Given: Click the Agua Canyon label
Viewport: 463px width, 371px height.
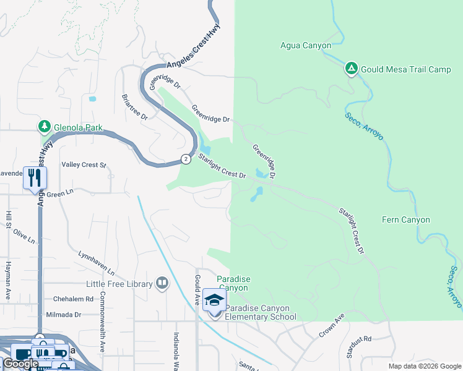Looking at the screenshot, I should [x=305, y=46].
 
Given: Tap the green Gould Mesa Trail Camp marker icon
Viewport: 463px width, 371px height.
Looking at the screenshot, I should [x=351, y=69].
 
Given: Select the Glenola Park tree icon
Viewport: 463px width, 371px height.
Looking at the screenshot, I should [x=44, y=127].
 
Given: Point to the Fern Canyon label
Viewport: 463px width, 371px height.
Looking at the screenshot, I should [x=405, y=220].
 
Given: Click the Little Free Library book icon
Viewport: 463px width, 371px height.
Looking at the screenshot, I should [x=162, y=283].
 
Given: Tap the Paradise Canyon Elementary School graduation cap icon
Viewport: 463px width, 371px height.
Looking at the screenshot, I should [x=214, y=301].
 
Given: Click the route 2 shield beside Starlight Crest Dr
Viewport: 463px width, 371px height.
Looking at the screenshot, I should [x=186, y=159].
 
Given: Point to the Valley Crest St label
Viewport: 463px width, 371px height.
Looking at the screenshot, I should [x=84, y=165].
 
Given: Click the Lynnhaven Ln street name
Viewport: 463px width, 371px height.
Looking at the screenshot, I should [x=97, y=263].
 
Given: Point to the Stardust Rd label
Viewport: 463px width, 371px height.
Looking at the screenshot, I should [x=359, y=339].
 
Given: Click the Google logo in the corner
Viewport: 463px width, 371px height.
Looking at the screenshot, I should [x=20, y=364].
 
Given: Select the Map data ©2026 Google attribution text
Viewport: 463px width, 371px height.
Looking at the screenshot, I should [x=424, y=366].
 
